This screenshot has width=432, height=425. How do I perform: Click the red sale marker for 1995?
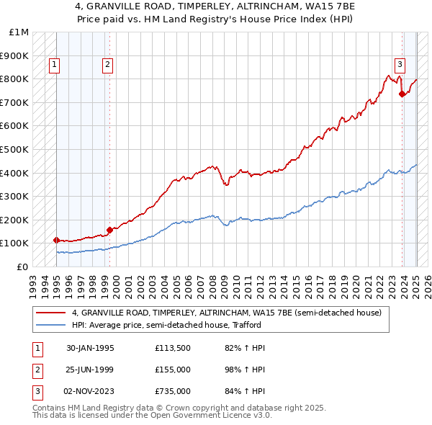[56, 240]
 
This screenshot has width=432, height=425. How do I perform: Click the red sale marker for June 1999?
[109, 230]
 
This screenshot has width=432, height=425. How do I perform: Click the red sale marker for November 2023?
[402, 94]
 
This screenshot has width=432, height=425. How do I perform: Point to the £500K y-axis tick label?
[15, 149]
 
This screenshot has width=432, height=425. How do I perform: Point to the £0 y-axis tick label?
[22, 267]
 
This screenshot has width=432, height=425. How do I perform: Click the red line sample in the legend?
[50, 313]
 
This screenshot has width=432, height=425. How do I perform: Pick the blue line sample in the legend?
[50, 325]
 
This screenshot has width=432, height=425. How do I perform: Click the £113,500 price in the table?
[172, 348]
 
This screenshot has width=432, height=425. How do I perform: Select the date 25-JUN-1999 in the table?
[90, 370]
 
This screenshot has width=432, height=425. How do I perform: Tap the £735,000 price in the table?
[172, 391]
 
